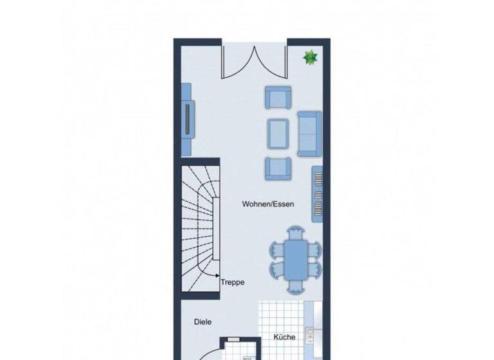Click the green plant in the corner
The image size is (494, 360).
coord(311,58)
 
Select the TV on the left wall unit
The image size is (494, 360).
coord(188,119)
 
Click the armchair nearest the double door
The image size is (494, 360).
coord(278,98)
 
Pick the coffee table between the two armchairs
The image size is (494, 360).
coord(278,134)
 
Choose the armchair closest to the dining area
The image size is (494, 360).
coord(278,168)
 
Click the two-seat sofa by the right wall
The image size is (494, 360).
coord(310,133)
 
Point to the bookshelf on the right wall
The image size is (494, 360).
coord(317,195)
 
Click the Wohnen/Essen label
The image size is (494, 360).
coord(268,204)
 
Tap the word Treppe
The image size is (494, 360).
coord(232,282)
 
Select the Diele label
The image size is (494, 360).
coord(203,321)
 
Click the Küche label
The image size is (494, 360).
coord(284,337)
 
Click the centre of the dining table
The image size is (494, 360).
coord(296,258)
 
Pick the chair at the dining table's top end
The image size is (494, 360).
coord(296,231)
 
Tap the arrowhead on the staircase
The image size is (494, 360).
coord(218,275)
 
